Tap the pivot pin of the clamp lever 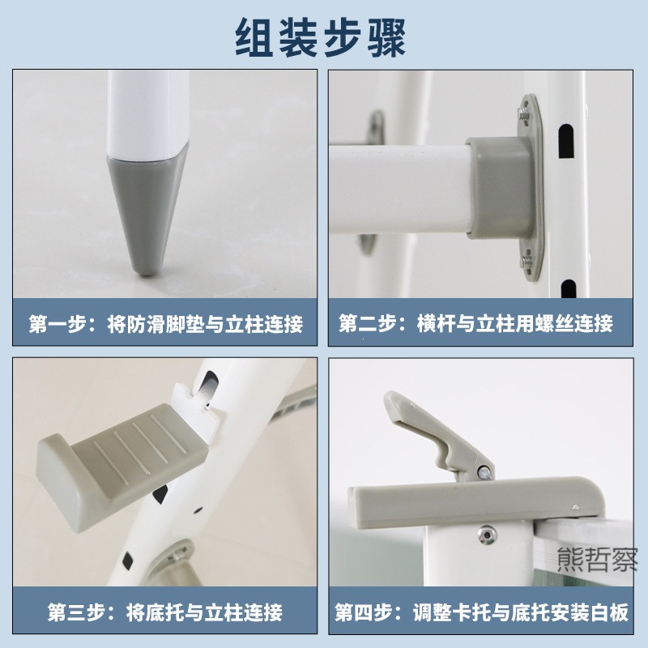click(484, 470)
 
